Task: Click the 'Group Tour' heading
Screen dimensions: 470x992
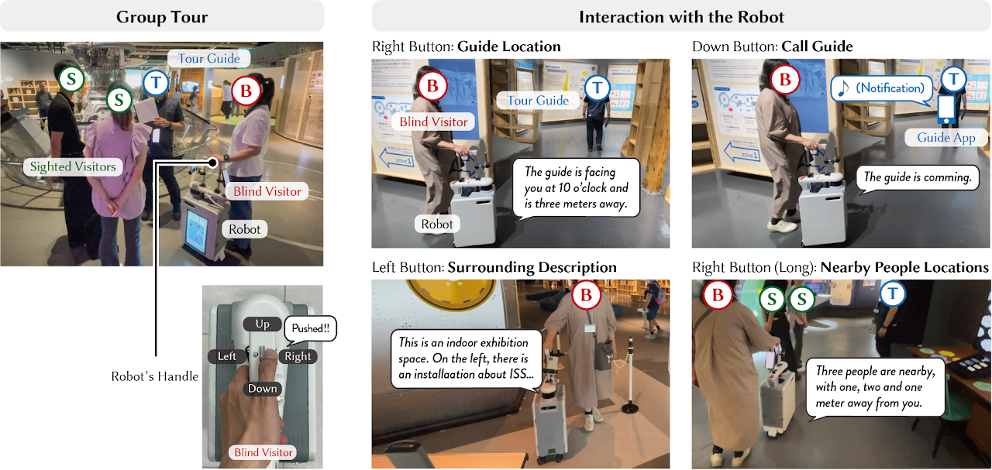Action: pyautogui.click(x=162, y=16)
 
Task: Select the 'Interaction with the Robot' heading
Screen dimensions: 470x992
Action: pyautogui.click(x=681, y=16)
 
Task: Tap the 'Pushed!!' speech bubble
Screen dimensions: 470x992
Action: pyautogui.click(x=310, y=329)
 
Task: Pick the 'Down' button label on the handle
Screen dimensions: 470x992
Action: pyautogui.click(x=262, y=388)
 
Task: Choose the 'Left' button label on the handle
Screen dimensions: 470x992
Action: pyautogui.click(x=226, y=356)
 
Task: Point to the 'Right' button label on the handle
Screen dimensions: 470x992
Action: pyautogui.click(x=297, y=356)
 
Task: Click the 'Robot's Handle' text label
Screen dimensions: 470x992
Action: pyautogui.click(x=155, y=377)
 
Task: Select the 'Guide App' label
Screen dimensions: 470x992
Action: pyautogui.click(x=945, y=137)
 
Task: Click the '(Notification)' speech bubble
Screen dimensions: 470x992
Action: pyautogui.click(x=881, y=88)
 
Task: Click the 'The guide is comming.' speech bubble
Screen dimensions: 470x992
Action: pyautogui.click(x=918, y=177)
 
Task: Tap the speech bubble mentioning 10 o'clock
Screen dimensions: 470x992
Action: pyautogui.click(x=577, y=187)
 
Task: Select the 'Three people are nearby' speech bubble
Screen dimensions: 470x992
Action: pyautogui.click(x=874, y=388)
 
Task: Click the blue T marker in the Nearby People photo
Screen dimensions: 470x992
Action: pyautogui.click(x=893, y=293)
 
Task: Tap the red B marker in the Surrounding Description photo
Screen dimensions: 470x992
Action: pyautogui.click(x=586, y=295)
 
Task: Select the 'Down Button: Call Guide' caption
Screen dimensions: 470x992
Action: pyautogui.click(x=772, y=46)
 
